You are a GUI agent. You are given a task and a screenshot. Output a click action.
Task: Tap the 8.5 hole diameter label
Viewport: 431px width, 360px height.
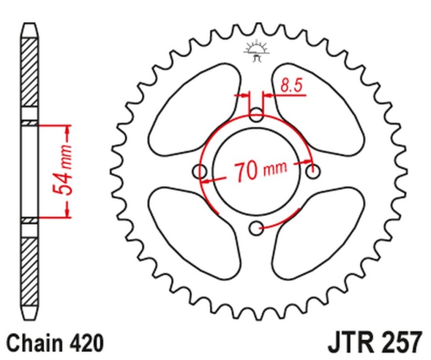[290, 85]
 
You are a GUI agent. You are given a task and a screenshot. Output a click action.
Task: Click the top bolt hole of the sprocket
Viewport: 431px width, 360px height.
[257, 114]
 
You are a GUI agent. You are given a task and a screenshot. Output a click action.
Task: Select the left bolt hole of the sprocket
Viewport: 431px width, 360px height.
[200, 172]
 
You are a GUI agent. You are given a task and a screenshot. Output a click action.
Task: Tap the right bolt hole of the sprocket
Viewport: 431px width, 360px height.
[312, 172]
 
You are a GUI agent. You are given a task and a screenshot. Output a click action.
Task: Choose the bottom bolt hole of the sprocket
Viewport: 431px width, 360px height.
[256, 229]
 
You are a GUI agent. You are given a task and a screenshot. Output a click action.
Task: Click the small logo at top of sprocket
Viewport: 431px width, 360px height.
[256, 52]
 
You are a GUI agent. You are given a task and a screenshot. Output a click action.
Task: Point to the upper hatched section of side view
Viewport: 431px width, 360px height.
[30, 73]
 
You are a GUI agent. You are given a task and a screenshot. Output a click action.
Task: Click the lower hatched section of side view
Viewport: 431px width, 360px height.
[30, 269]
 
